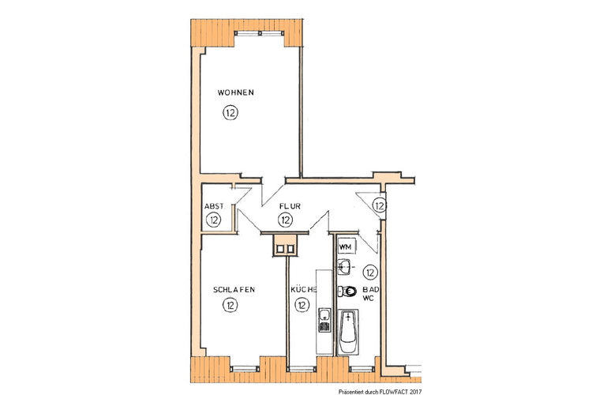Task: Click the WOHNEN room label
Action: (x=236, y=93)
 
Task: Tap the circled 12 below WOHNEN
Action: (x=230, y=113)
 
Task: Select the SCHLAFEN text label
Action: (x=234, y=290)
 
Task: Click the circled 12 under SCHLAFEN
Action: (x=230, y=305)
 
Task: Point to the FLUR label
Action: (x=289, y=206)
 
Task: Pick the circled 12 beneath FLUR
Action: (x=286, y=220)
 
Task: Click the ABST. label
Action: (x=214, y=206)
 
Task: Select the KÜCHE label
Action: (x=304, y=290)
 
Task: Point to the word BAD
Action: (x=370, y=290)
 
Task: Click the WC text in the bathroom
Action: (x=368, y=300)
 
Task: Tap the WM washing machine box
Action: (x=345, y=246)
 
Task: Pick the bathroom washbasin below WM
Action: (x=346, y=267)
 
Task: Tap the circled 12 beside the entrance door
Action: (x=379, y=206)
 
